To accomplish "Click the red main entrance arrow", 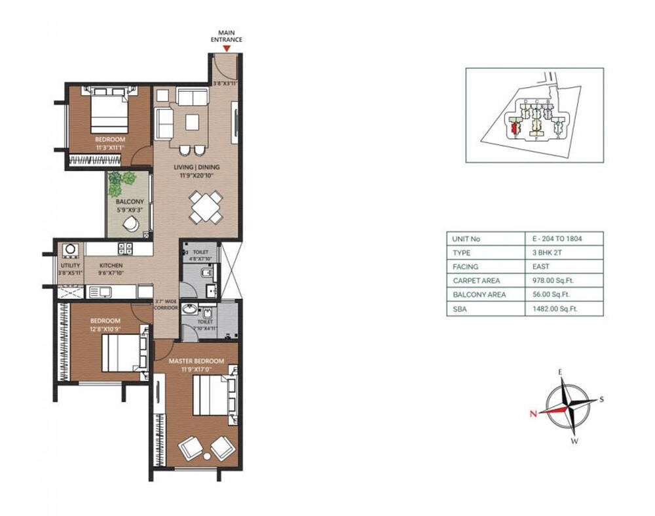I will (227, 48).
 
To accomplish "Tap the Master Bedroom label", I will (196, 361).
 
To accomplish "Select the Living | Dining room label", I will (196, 167).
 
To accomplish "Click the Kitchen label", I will (111, 266).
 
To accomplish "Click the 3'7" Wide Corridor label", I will (166, 305).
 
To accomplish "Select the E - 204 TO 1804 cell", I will (553, 239).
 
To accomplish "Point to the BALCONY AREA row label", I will (479, 294).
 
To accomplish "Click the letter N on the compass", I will (534, 413).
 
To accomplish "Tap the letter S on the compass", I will (602, 399).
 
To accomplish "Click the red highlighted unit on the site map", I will (514, 127).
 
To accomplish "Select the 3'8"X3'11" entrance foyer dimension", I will (226, 83).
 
